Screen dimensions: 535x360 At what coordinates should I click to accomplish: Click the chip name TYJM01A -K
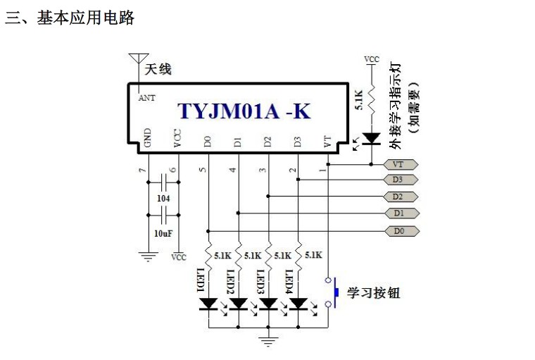(244, 111)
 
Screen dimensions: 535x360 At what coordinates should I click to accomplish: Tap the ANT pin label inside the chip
(146, 98)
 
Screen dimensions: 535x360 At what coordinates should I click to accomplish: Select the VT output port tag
(401, 165)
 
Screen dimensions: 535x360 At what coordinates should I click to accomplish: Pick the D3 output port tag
(401, 180)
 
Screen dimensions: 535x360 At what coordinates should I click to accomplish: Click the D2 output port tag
(401, 197)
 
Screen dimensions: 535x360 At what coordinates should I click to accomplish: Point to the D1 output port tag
(401, 213)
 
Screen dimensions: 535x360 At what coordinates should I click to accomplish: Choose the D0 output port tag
(402, 231)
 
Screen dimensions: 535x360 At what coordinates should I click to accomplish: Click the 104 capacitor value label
(163, 198)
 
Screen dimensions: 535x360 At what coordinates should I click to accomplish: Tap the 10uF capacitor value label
(163, 234)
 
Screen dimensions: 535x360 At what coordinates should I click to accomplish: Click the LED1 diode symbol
(208, 304)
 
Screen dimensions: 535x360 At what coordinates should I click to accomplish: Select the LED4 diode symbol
(298, 304)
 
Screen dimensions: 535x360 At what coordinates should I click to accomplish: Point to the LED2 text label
(231, 281)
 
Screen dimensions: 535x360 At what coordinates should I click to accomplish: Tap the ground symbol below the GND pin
(149, 256)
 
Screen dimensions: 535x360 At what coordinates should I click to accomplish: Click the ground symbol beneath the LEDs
(268, 342)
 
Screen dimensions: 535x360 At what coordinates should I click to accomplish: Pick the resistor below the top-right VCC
(371, 99)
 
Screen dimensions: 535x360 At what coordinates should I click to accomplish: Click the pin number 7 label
(143, 170)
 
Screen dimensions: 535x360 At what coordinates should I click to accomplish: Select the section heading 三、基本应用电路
(70, 18)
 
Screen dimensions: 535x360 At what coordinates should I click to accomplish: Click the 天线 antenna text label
(158, 69)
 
